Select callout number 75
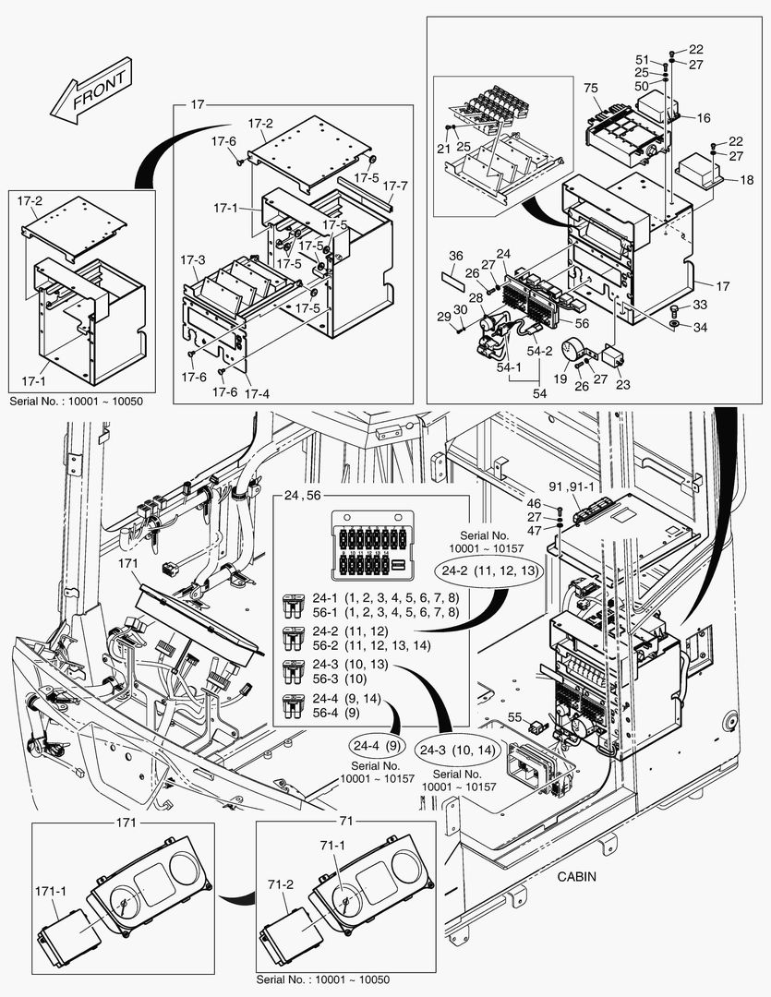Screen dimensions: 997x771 click(591, 88)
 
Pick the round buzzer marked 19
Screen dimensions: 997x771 click(575, 351)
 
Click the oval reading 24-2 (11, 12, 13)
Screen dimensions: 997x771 click(491, 571)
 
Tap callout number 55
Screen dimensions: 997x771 click(516, 715)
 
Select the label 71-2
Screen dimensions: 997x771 click(283, 884)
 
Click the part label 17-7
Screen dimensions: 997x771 click(395, 185)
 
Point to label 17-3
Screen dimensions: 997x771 click(195, 261)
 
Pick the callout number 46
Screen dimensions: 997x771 click(534, 503)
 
